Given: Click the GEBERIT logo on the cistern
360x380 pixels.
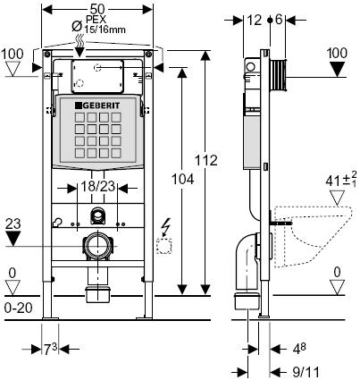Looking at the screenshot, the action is point(97,106).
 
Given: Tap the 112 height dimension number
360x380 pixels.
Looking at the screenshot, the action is point(206,161).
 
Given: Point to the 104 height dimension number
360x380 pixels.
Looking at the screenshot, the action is point(183,180).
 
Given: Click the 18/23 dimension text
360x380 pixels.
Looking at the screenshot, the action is point(97,186).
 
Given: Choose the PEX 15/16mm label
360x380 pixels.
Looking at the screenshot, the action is point(104,24).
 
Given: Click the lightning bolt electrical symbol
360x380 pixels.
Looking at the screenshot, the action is point(164,226).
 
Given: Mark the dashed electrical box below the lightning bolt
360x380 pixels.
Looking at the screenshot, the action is point(163,246).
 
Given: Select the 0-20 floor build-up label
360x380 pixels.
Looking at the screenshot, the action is point(19,308).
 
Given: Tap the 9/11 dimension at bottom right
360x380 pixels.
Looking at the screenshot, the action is point(306,372).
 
